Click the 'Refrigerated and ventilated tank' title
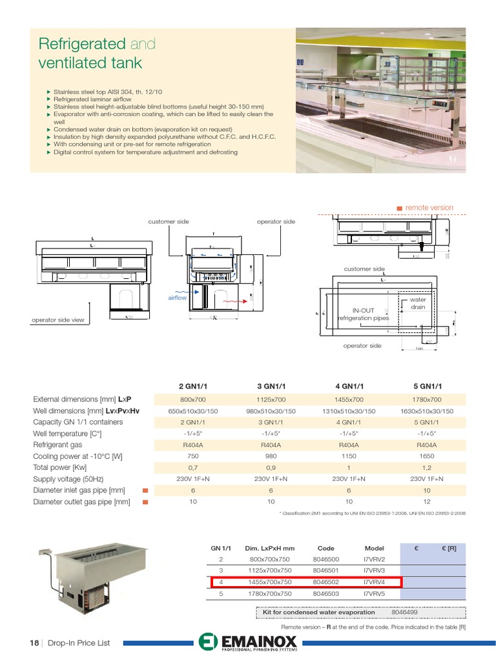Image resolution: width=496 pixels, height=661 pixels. coord(97,54)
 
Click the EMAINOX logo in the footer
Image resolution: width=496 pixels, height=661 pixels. coord(248,643)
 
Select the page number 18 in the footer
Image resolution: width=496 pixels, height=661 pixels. coord(35,643)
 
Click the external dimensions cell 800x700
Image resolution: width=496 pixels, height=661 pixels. coord(192,400)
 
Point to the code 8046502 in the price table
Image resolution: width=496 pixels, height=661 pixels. coord(326,582)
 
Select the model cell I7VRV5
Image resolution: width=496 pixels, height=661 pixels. coord(374,593)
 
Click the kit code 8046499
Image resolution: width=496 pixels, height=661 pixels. coord(404,612)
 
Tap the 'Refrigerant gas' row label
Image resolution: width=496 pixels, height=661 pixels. coord(57,445)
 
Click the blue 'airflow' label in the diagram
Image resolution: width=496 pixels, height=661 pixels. coord(177,298)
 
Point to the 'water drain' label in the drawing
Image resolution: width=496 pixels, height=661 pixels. coord(418,303)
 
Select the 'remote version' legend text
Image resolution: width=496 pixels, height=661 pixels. coord(429,208)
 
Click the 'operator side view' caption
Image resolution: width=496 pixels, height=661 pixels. coord(57,320)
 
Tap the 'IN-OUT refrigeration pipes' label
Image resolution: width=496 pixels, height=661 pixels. coord(364,314)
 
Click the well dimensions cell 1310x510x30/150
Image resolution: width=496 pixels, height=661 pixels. coord(348,411)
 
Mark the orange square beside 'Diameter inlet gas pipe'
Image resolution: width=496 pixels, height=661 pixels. coord(145,490)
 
